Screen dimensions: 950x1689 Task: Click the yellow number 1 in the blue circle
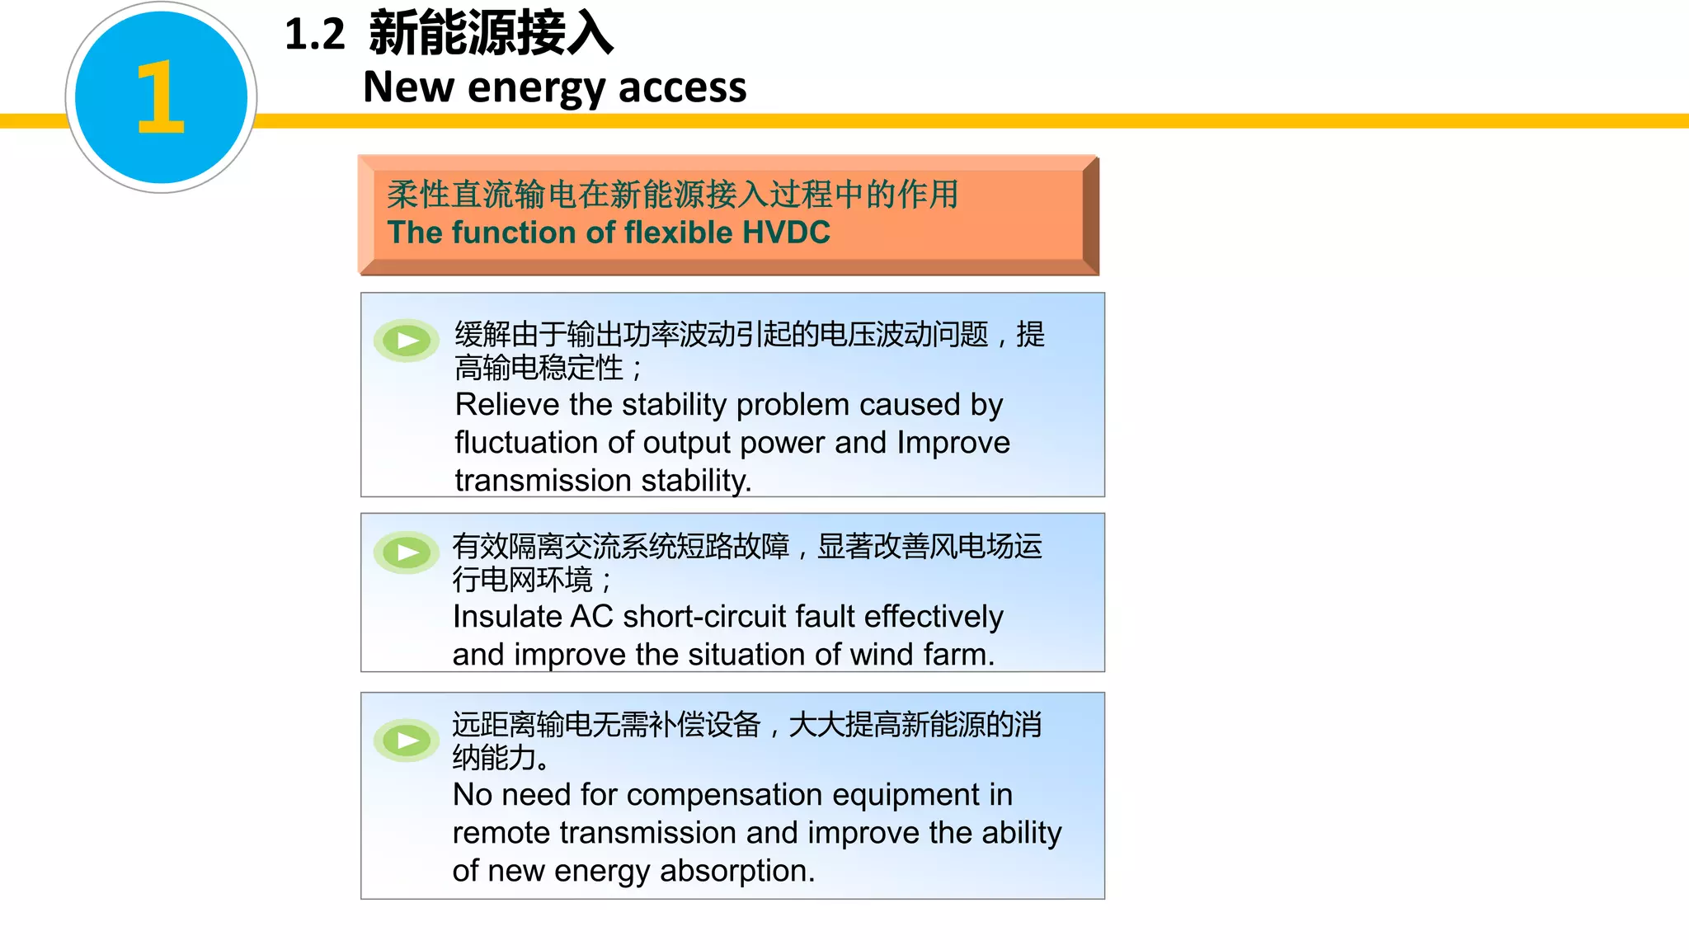tap(160, 97)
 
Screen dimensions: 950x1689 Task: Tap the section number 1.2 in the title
tap(314, 35)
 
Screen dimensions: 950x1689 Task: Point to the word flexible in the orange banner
tap(675, 233)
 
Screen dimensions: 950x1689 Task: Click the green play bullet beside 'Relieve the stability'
tap(407, 340)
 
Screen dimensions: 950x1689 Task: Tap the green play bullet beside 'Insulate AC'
tap(407, 552)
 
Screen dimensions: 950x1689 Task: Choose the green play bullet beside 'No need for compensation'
tap(407, 740)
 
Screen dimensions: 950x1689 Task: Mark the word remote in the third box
tap(500, 833)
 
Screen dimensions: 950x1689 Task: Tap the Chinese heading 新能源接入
tap(491, 35)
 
